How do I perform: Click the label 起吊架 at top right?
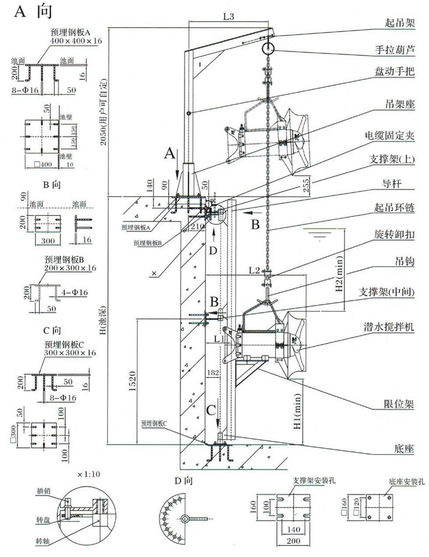[x=400, y=23]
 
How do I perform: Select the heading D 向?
[x=183, y=481]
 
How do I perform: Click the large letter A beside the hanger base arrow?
[x=170, y=153]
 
